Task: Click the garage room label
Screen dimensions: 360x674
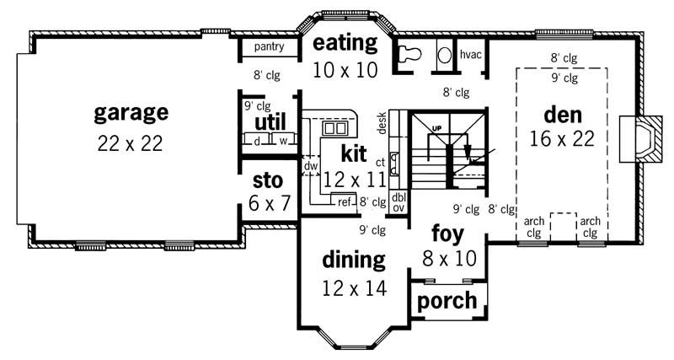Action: pyautogui.click(x=131, y=111)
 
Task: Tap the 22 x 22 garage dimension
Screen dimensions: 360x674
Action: pyautogui.click(x=131, y=142)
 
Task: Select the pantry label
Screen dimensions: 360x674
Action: pyautogui.click(x=269, y=47)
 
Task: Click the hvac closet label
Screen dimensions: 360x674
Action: pyautogui.click(x=471, y=55)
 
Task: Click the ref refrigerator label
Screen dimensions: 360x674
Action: pyautogui.click(x=344, y=201)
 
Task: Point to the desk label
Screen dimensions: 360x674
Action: pyautogui.click(x=382, y=124)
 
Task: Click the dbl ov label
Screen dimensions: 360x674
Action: pyautogui.click(x=399, y=202)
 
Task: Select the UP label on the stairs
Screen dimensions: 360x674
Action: pyautogui.click(x=436, y=128)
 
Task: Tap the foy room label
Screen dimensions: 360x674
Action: pyautogui.click(x=447, y=232)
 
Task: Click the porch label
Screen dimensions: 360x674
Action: pyautogui.click(x=447, y=300)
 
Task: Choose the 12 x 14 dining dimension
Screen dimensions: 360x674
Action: pyautogui.click(x=354, y=288)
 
